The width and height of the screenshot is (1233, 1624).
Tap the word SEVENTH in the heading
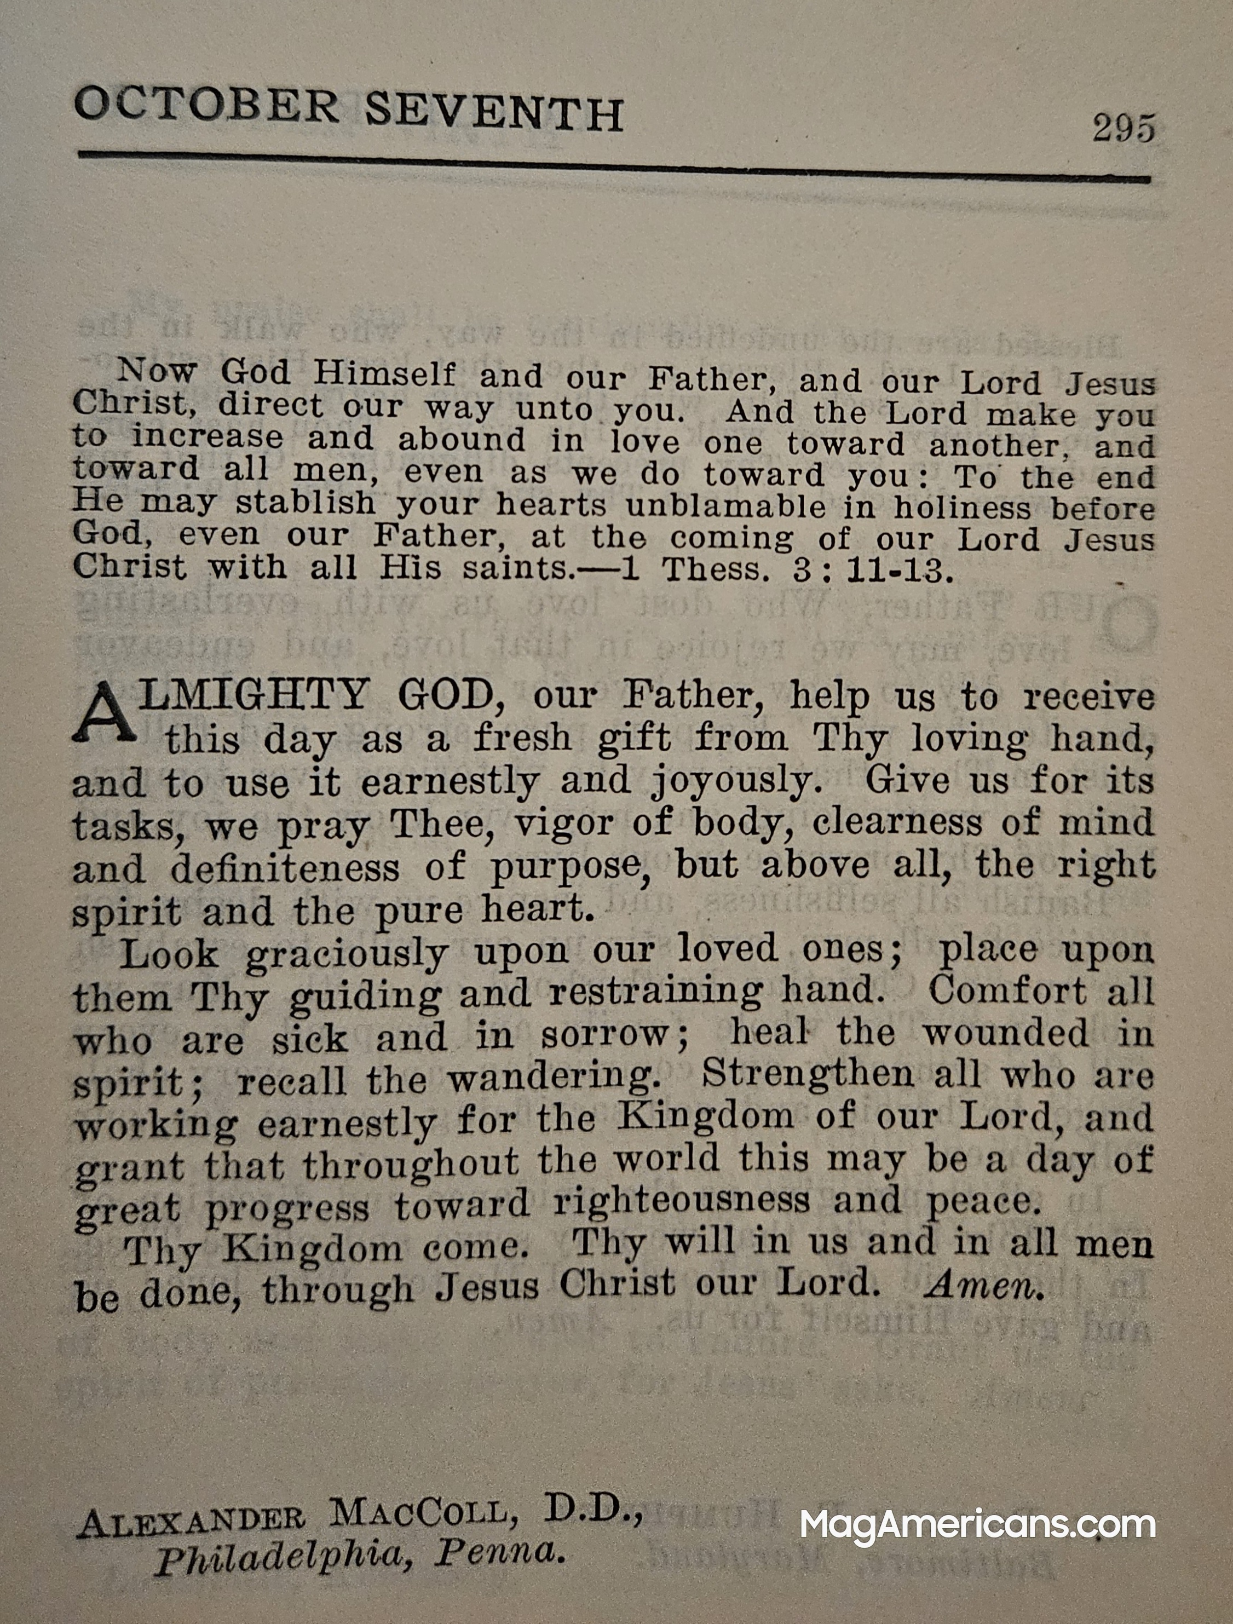(494, 114)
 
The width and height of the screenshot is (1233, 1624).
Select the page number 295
(1123, 129)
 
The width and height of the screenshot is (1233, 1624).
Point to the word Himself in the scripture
(384, 375)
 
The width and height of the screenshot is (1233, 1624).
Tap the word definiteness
(285, 868)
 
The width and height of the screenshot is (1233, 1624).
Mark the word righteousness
(681, 1202)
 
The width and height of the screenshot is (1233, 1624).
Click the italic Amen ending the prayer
(983, 1285)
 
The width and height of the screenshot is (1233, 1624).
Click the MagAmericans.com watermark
(978, 1523)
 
